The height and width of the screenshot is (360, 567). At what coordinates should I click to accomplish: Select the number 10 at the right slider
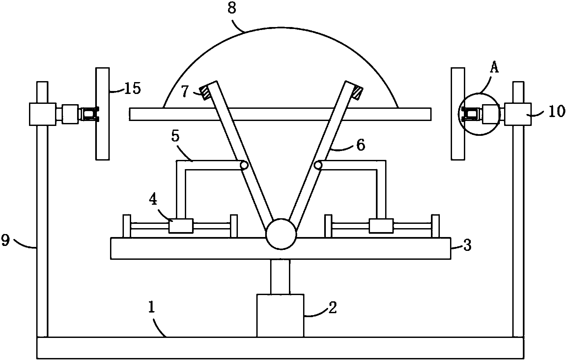[x=556, y=112]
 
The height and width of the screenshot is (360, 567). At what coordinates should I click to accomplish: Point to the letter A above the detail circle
[x=494, y=69]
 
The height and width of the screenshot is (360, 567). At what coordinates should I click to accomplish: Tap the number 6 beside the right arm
[x=361, y=145]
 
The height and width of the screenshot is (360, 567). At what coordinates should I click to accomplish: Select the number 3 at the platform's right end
[x=467, y=246]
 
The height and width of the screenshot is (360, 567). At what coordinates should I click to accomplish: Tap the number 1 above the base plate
[x=152, y=307]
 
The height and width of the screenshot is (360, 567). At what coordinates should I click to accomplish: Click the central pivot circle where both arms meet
[x=281, y=234]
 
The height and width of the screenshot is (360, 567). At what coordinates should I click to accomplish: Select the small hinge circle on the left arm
[x=244, y=165]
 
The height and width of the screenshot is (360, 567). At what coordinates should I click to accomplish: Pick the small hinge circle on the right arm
[x=318, y=165]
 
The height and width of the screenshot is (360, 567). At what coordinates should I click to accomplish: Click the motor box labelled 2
[x=280, y=315]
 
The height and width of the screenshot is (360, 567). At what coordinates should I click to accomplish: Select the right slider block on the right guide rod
[x=381, y=226]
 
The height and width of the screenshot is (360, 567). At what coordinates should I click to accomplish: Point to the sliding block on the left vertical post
[x=42, y=114]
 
